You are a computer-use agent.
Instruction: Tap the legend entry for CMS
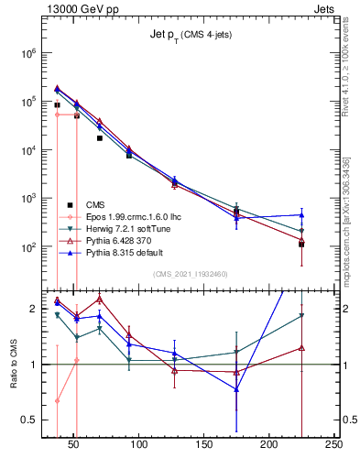(x=95, y=204)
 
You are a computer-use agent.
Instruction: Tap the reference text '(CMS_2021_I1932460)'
(x=191, y=274)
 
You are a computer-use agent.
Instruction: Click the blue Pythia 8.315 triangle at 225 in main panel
(x=301, y=215)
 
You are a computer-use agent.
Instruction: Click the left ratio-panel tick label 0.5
(x=29, y=420)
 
